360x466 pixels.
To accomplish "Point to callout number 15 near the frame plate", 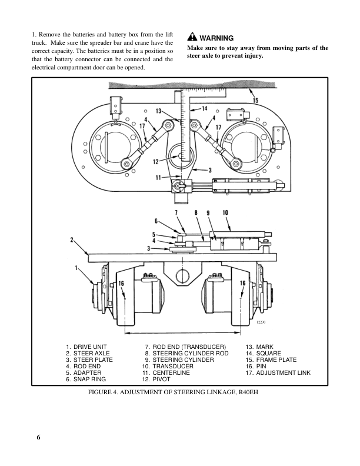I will point(255,101).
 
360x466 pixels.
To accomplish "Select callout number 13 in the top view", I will point(159,111).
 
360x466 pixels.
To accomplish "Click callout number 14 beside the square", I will point(205,108).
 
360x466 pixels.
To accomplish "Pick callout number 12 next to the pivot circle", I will point(156,161).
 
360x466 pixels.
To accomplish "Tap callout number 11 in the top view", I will point(158,177).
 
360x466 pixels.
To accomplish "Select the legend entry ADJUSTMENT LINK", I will point(283,373).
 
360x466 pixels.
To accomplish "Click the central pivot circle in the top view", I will point(180,158).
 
